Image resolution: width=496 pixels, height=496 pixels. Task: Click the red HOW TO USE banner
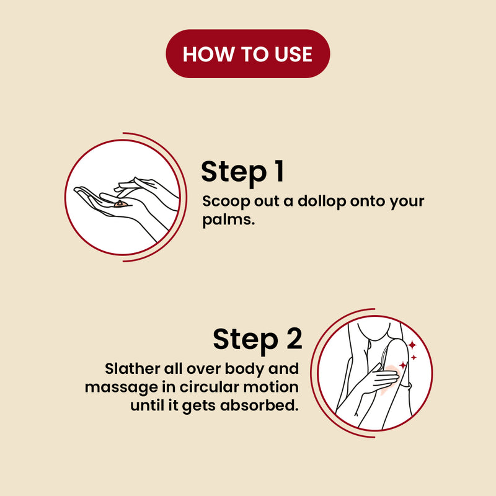pyautogui.click(x=247, y=54)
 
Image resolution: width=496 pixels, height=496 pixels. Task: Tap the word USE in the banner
pyautogui.click(x=293, y=54)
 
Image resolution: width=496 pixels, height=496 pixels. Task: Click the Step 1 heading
pyautogui.click(x=242, y=172)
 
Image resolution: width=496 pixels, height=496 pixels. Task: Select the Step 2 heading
pyautogui.click(x=257, y=339)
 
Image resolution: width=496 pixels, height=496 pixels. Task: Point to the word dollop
pyautogui.click(x=322, y=201)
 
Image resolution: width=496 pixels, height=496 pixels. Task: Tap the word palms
pyautogui.click(x=228, y=220)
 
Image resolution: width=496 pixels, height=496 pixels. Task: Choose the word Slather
pyautogui.click(x=133, y=369)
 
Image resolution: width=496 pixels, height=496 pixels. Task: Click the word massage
pyautogui.click(x=122, y=388)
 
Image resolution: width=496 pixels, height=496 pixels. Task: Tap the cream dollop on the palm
pyautogui.click(x=120, y=204)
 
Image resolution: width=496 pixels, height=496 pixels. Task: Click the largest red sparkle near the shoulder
pyautogui.click(x=412, y=345)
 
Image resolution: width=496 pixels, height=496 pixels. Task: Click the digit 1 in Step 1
pyautogui.click(x=279, y=171)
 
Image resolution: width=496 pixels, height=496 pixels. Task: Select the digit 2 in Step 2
pyautogui.click(x=294, y=338)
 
